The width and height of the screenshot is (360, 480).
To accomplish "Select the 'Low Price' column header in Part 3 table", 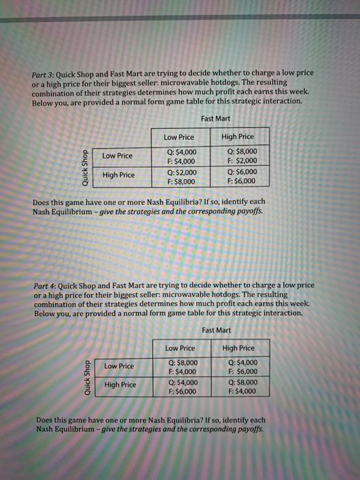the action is click(180, 136).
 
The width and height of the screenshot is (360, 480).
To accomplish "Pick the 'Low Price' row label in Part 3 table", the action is click(118, 156).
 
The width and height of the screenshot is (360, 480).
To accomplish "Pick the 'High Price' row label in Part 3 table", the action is click(118, 175).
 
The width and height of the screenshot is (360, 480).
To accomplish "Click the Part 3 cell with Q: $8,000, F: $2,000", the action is click(239, 156).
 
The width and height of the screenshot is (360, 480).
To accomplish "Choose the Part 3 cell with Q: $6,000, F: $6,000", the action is click(239, 177).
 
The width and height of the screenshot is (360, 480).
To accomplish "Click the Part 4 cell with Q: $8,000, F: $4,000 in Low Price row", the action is click(182, 367).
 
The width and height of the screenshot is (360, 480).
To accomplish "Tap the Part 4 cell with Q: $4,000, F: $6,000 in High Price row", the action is click(182, 387).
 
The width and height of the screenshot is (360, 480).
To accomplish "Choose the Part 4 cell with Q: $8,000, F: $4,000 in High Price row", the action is click(239, 387).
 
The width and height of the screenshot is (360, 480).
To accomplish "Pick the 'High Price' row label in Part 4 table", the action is click(119, 385).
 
